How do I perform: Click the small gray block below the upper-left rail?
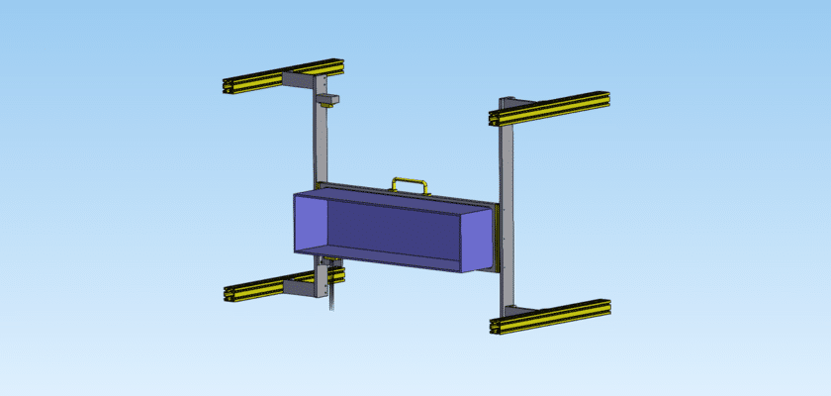point(328,100)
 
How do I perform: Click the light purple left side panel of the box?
point(309,224)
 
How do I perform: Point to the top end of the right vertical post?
point(508,101)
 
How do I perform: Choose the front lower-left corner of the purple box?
point(296,253)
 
